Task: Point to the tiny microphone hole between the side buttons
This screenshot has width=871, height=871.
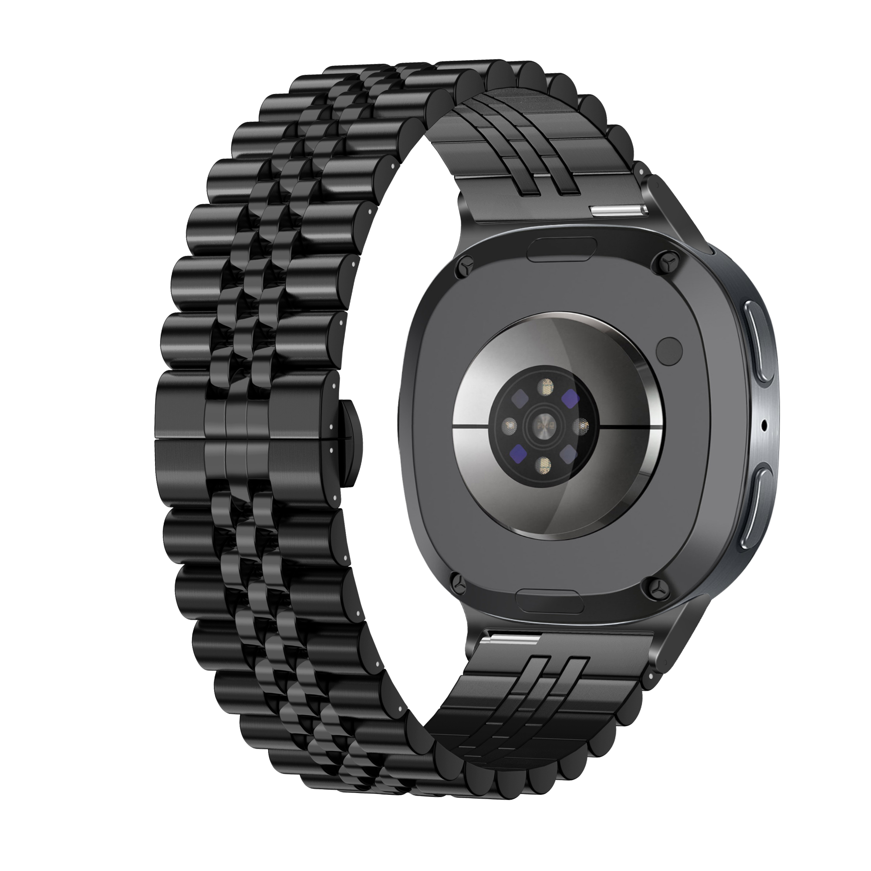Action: click(x=764, y=424)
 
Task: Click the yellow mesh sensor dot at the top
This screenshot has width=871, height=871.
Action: click(x=547, y=385)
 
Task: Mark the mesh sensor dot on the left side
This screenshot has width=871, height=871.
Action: click(x=510, y=423)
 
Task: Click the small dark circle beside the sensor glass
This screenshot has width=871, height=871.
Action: click(x=669, y=349)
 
